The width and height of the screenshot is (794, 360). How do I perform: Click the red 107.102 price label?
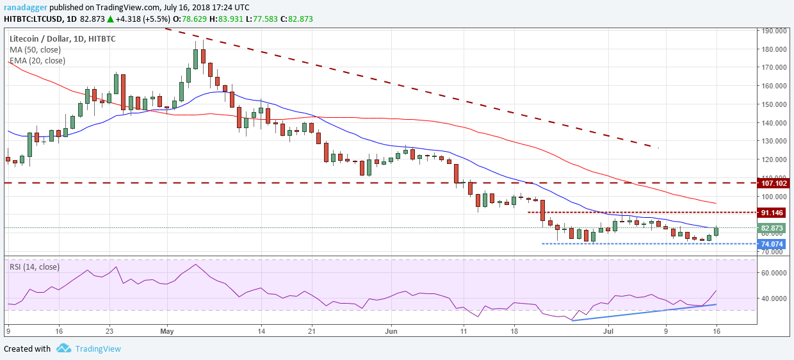click(773, 183)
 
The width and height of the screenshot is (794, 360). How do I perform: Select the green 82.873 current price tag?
click(770, 228)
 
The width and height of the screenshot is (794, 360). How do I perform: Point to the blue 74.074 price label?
click(770, 244)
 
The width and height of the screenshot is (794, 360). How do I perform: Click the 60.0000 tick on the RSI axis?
click(773, 273)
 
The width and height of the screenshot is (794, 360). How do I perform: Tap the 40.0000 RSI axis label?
click(773, 299)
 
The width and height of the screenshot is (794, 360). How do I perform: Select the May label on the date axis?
click(167, 332)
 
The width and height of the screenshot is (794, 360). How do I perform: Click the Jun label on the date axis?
click(392, 332)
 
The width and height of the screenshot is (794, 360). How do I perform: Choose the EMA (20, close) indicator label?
click(37, 61)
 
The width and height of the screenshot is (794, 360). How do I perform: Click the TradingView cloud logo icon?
click(63, 348)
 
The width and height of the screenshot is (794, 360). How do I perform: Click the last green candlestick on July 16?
click(716, 231)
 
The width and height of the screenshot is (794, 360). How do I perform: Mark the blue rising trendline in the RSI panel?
click(644, 312)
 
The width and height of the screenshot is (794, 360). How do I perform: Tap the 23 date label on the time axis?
click(109, 332)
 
